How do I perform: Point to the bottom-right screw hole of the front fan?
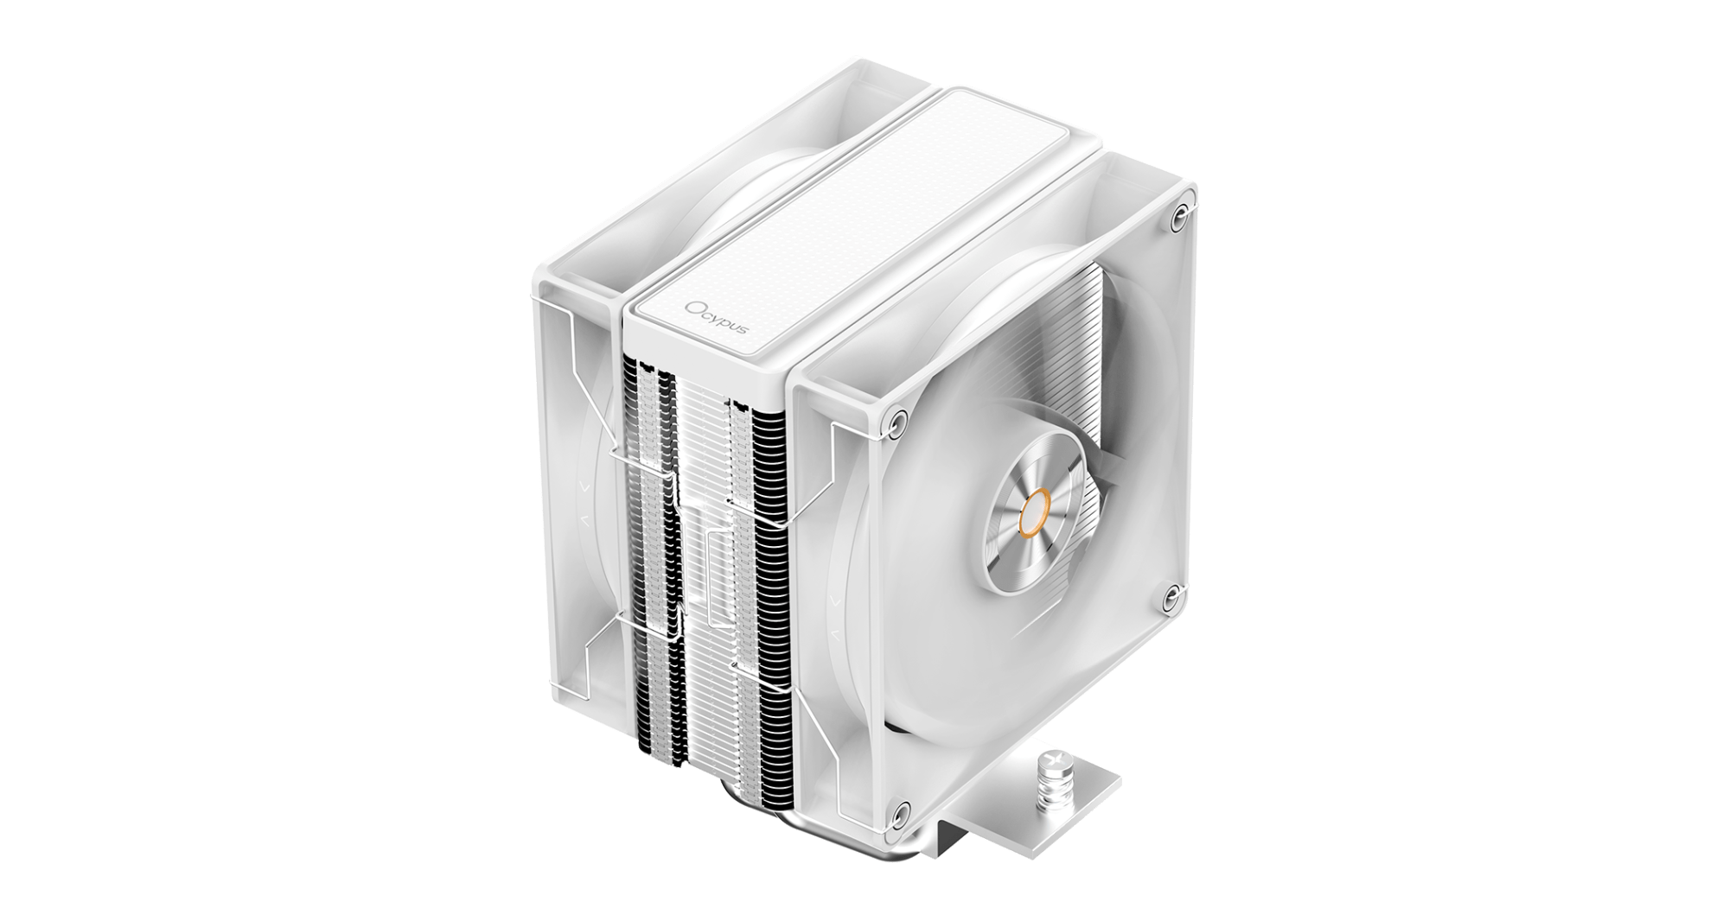[1171, 593]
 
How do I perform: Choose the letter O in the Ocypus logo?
[692, 308]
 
